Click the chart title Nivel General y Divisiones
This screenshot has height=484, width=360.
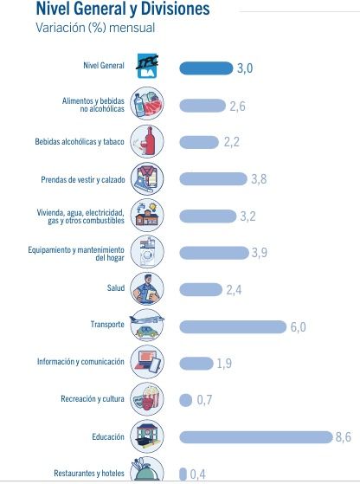point(122,10)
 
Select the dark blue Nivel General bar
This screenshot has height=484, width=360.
point(205,68)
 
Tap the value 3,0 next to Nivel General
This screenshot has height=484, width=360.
point(247,68)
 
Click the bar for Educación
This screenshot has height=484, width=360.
point(255,436)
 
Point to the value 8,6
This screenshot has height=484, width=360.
point(343,436)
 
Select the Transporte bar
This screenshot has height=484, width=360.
point(232,326)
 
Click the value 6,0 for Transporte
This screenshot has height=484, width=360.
point(299,326)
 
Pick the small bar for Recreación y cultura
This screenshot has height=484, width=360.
point(184,400)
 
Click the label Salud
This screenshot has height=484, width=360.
point(114,287)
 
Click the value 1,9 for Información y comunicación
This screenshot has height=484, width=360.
point(224,363)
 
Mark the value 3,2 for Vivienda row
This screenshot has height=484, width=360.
point(248,216)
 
